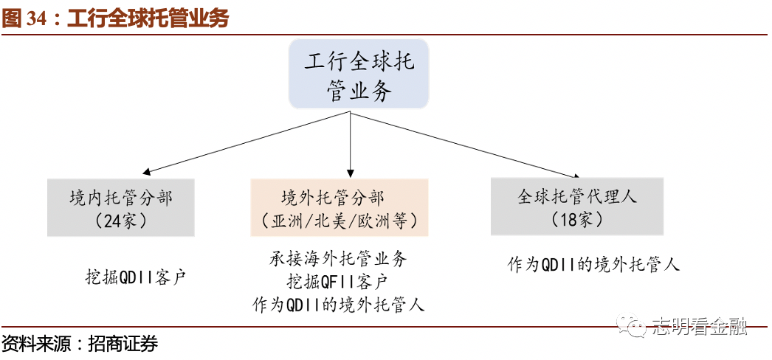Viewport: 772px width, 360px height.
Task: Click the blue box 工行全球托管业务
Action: tap(359, 75)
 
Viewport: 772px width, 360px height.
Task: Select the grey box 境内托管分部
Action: tap(121, 207)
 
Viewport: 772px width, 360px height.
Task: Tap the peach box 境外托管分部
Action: tap(340, 207)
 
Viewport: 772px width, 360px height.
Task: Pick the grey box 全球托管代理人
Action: tap(577, 207)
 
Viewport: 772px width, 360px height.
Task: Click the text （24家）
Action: tap(121, 220)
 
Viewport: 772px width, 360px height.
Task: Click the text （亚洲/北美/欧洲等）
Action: tap(340, 221)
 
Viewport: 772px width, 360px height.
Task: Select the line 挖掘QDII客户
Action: tap(135, 277)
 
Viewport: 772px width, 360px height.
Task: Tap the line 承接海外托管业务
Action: tap(338, 259)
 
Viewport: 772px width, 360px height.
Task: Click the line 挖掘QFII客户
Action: tap(338, 281)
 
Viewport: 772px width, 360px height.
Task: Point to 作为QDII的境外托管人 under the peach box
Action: tap(338, 304)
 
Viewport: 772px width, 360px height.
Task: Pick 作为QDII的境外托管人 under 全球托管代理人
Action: tap(593, 264)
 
